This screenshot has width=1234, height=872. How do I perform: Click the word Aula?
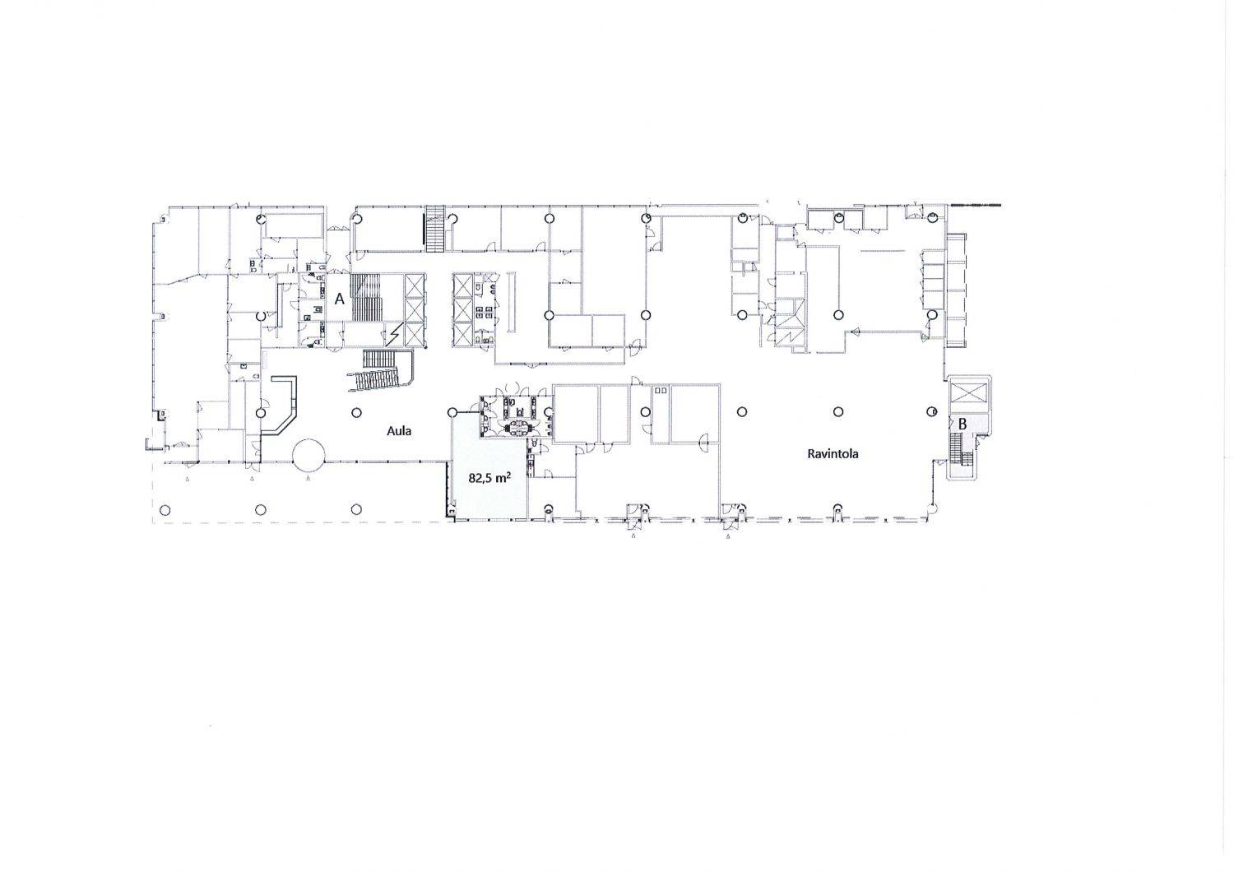[399, 431]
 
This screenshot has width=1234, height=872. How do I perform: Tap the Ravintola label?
[833, 454]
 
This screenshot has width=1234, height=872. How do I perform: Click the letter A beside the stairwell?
[339, 299]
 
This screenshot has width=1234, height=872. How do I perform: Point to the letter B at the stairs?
[963, 424]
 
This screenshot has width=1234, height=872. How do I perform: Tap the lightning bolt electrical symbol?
[394, 334]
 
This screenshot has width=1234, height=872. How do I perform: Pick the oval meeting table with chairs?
[517, 426]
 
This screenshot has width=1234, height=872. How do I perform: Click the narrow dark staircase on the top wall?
[434, 230]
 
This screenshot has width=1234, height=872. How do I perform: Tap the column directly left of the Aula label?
[356, 412]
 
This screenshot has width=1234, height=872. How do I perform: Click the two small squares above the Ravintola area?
[661, 391]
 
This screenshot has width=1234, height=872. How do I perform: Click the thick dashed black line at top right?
[976, 205]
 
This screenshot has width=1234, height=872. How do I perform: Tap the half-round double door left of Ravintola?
[703, 443]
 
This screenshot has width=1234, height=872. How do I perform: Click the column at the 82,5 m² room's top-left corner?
[452, 412]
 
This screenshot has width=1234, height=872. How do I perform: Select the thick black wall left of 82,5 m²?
[444, 490]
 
